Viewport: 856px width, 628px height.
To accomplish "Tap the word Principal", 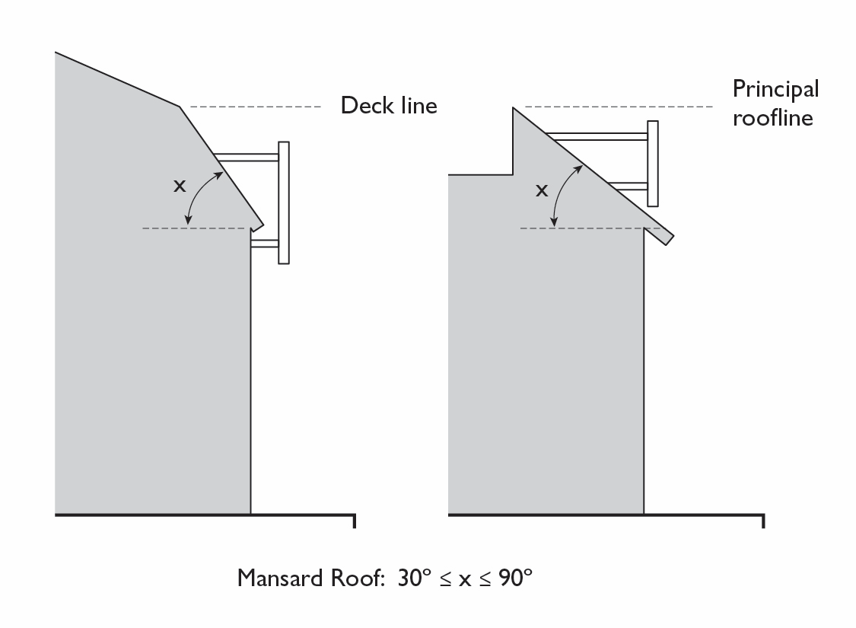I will click(775, 90).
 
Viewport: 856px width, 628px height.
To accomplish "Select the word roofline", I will click(772, 118).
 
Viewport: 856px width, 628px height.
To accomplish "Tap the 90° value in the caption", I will click(515, 578).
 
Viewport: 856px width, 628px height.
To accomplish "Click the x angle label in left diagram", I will click(179, 185).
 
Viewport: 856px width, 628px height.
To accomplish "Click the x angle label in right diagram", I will click(542, 190).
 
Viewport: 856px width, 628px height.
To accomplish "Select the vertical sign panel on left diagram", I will click(284, 202).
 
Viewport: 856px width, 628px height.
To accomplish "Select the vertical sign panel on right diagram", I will click(652, 163).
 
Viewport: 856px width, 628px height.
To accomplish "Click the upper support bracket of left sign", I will click(247, 158).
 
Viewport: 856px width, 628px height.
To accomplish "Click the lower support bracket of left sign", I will click(265, 244).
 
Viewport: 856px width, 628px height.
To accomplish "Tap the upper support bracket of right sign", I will click(597, 136).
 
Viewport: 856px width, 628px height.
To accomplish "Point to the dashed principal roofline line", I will click(616, 107).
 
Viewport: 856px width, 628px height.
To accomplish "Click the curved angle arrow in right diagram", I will click(561, 194).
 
